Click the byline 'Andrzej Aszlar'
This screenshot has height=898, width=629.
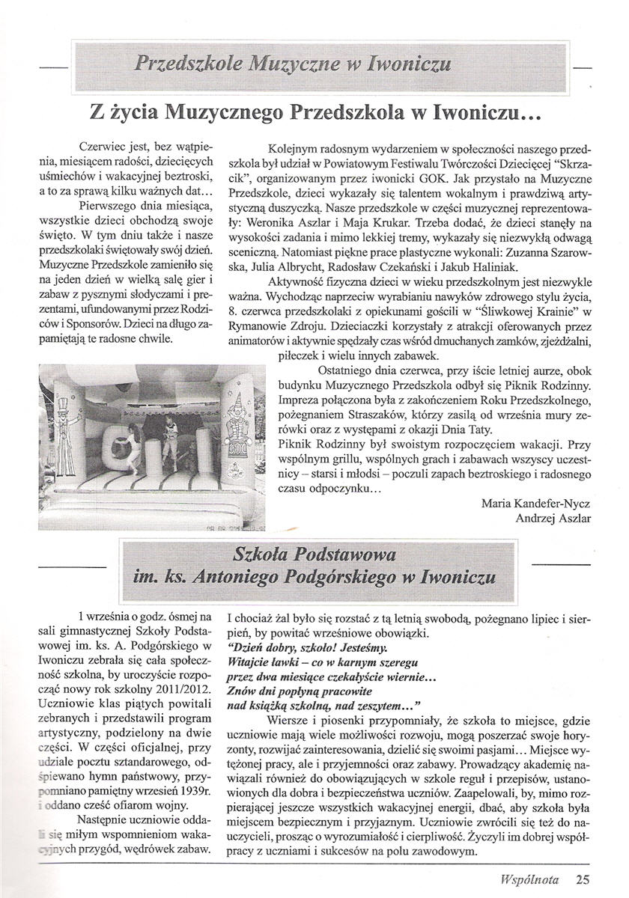click(x=553, y=517)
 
